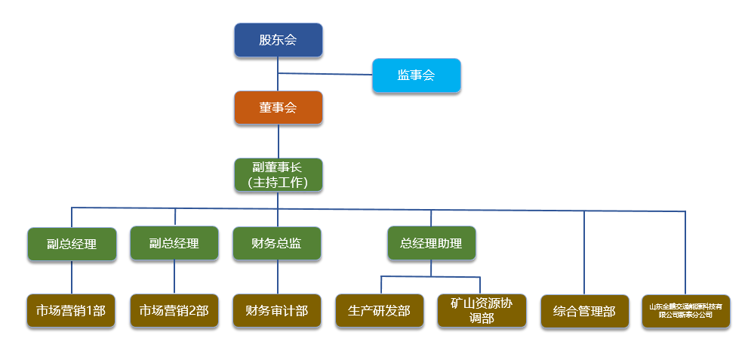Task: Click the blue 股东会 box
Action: (x=278, y=40)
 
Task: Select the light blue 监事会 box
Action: (x=416, y=75)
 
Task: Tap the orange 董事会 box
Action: (x=278, y=108)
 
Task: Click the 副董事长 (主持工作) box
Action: (x=278, y=174)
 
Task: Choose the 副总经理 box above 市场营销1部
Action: (x=72, y=245)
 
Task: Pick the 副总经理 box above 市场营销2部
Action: (x=174, y=244)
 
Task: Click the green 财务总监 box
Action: (x=277, y=244)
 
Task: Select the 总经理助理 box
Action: (x=431, y=244)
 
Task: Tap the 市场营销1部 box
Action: (x=72, y=311)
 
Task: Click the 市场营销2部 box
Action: (x=174, y=311)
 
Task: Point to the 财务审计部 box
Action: (x=277, y=311)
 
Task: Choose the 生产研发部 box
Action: (x=380, y=311)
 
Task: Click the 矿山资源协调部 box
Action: (x=482, y=311)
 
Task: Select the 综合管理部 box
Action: (x=584, y=311)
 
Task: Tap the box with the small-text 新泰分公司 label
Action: (x=686, y=311)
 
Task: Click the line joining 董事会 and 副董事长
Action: (x=278, y=141)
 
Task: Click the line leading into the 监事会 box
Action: (x=325, y=74)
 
